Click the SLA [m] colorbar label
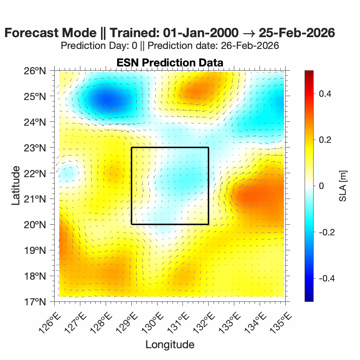point(343,186)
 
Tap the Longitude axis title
point(170,344)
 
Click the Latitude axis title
point(16,186)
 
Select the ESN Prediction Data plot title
point(170,62)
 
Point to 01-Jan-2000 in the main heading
point(201,33)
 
